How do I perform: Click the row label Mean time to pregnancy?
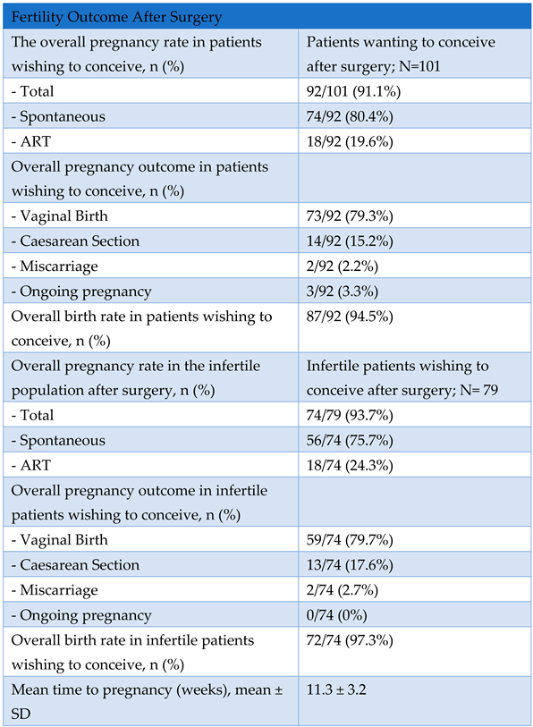[x=131, y=689]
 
